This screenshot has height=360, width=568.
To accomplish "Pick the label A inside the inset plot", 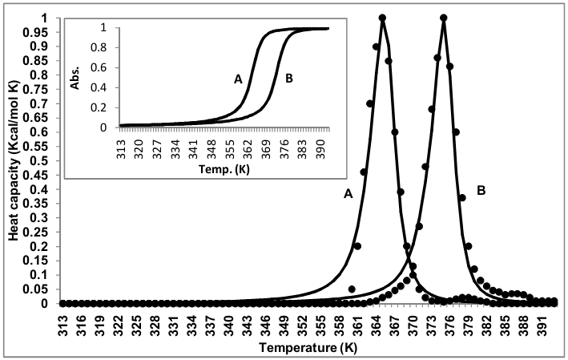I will tap(238, 79).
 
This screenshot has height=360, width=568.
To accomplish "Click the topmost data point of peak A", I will tap(382, 18).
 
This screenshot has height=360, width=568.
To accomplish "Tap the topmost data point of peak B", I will tap(444, 18).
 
